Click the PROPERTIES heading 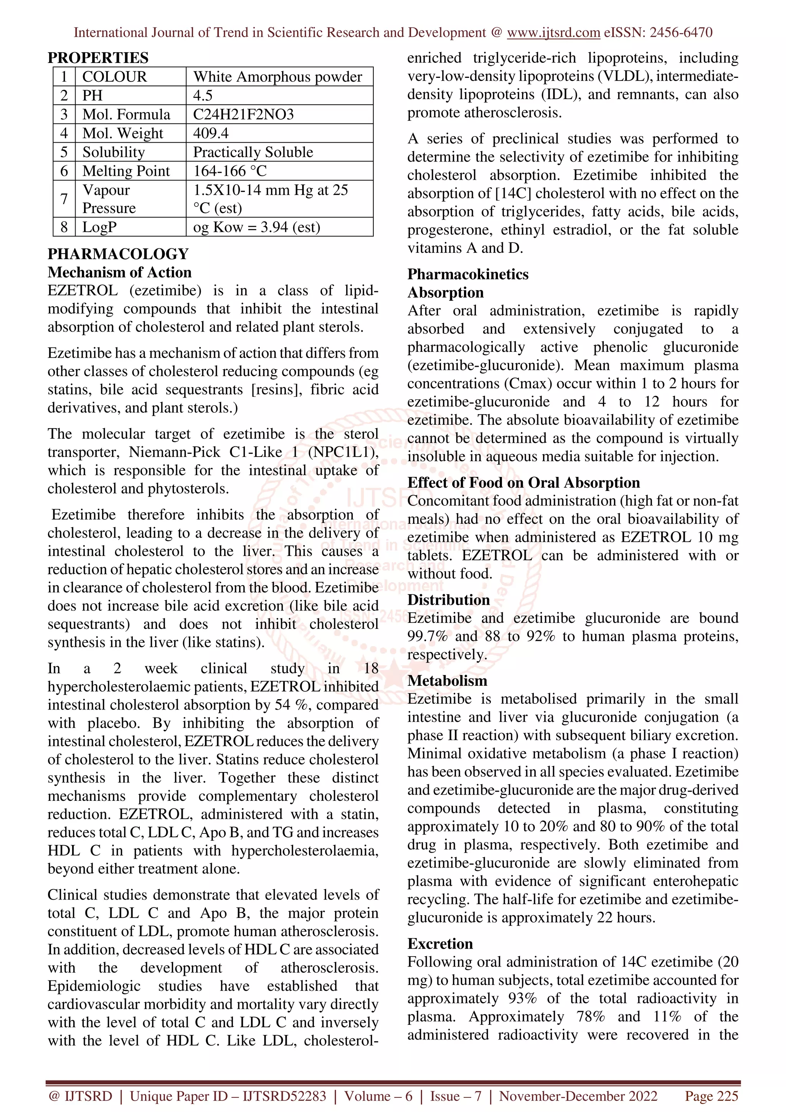click(98, 58)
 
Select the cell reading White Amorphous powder click(277, 76)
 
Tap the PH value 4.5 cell click(203, 96)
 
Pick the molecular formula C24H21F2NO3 click(243, 114)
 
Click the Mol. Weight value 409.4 click(211, 133)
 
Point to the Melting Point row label click(126, 171)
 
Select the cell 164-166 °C click(230, 171)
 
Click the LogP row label click(99, 227)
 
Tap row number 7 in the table click(64, 199)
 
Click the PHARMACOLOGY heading click(118, 254)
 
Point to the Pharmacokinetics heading click(468, 274)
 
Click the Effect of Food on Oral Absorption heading click(523, 482)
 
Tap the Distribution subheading click(448, 600)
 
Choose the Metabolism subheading click(447, 680)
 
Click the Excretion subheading click(440, 944)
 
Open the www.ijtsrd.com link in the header click(553, 33)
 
